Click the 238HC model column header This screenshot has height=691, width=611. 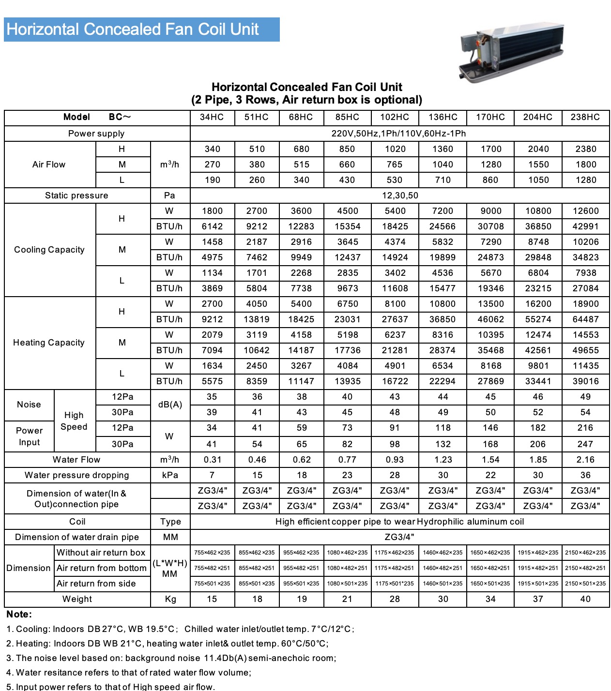585,117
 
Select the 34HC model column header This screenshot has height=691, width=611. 212,117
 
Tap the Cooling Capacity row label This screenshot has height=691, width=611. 49,250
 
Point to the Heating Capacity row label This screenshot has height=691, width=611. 49,343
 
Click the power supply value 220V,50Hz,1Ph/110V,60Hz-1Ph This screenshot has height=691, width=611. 398,134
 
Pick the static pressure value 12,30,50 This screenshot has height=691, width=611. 400,195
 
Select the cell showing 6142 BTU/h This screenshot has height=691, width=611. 212,226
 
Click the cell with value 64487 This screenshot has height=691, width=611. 585,319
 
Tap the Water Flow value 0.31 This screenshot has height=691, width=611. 212,460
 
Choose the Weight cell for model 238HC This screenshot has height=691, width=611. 585,599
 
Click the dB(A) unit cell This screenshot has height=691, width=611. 170,405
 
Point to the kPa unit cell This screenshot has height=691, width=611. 170,475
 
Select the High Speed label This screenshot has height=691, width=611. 74,421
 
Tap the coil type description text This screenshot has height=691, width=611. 399,522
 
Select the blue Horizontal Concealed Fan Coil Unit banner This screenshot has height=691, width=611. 141,30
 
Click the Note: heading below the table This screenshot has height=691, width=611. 19,615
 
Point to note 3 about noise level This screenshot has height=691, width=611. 171,658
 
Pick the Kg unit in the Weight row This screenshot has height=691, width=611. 170,599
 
